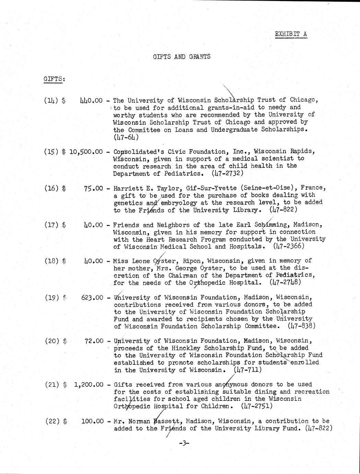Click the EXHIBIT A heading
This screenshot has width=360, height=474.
[291, 34]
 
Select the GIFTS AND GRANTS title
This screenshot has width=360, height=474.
[182, 57]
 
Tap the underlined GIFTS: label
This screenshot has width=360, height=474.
[55, 79]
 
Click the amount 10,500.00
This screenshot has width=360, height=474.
[86, 151]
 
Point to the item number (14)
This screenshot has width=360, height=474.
[50, 101]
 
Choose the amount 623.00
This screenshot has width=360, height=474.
[92, 297]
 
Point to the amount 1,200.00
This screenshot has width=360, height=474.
[89, 385]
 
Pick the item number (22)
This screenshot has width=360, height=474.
[52, 421]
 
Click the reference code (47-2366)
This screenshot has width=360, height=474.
[289, 246]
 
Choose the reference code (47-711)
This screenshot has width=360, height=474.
[247, 370]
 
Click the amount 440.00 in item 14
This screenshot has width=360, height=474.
[91, 101]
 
